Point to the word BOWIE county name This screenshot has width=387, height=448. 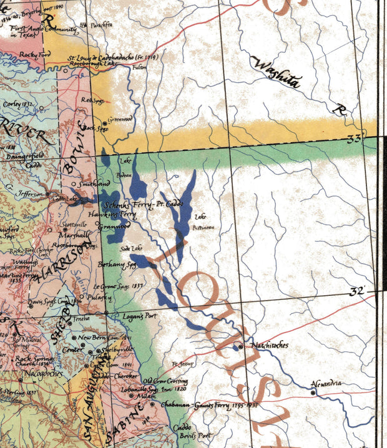coord(74,150)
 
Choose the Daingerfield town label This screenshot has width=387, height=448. coord(23,157)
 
